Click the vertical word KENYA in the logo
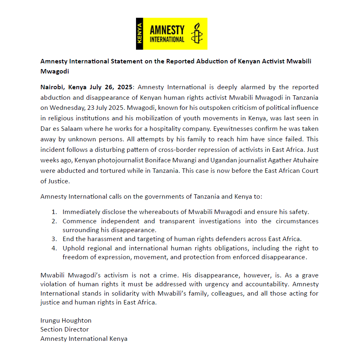(140, 34)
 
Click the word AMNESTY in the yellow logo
(167, 30)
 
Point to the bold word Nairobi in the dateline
(52, 87)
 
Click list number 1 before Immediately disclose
(54, 212)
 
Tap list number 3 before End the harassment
(54, 239)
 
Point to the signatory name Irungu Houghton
(66, 320)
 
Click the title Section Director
(65, 330)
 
